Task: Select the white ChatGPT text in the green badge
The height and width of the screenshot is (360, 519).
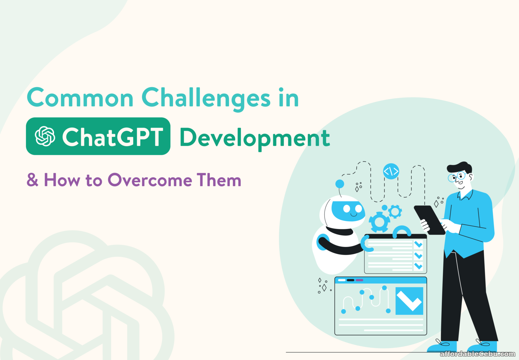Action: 112,137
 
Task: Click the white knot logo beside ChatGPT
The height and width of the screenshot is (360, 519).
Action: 45,136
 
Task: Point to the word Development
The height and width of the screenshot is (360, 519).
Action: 255,138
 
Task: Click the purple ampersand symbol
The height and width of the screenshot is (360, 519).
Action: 33,179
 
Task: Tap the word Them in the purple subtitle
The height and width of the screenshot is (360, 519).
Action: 219,179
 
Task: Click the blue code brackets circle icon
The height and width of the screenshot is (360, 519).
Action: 391,171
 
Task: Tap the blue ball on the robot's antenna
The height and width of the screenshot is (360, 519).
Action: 340,184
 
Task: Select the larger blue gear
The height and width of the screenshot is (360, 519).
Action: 379,222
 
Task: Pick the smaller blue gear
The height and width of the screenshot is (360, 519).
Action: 395,211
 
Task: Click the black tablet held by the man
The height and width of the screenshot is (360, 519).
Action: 429,220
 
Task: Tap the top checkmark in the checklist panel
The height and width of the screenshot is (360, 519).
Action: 418,244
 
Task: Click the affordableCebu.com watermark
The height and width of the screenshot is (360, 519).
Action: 477,354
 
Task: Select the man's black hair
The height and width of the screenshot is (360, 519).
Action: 459,167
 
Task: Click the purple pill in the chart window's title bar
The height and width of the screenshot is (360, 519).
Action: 359,280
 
